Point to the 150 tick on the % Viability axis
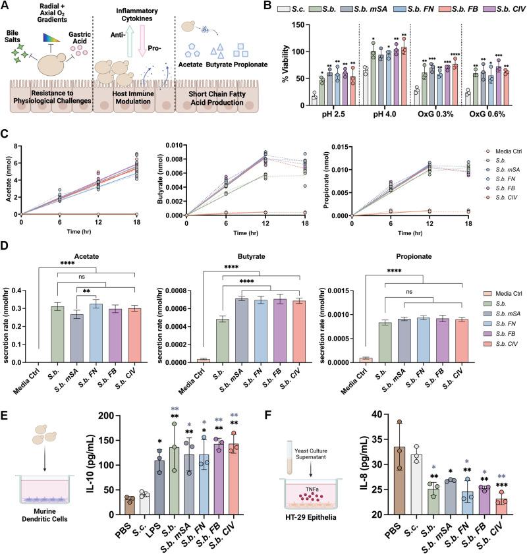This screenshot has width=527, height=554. (292, 27)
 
